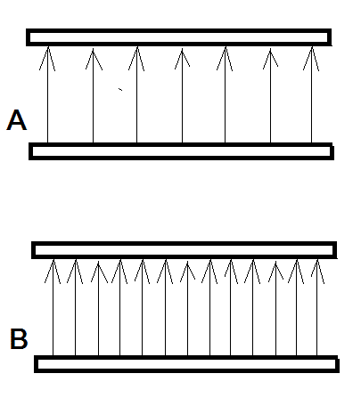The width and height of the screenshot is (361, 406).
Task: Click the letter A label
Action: (17, 120)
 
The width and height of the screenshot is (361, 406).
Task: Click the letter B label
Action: (19, 338)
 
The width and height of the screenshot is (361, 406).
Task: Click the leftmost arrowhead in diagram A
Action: (47, 58)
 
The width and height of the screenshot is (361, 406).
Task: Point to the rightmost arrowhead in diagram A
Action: (311, 59)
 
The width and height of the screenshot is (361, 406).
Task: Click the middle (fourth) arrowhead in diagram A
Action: (182, 58)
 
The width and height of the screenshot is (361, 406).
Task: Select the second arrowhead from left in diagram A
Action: (94, 59)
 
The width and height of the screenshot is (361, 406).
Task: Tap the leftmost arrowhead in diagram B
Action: (53, 272)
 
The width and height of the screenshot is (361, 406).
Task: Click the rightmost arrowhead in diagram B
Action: (317, 272)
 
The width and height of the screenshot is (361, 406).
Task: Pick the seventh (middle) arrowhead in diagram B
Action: (187, 272)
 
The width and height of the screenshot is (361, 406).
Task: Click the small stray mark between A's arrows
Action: (120, 89)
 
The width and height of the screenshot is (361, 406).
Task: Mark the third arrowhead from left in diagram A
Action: (136, 59)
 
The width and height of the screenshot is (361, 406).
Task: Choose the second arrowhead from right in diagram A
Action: (270, 59)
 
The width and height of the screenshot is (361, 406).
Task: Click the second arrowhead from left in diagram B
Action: (76, 272)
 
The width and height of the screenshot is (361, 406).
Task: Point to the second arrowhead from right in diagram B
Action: (296, 272)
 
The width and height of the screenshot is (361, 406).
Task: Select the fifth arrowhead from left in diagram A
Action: (225, 59)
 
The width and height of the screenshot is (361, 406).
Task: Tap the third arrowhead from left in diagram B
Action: (99, 272)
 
